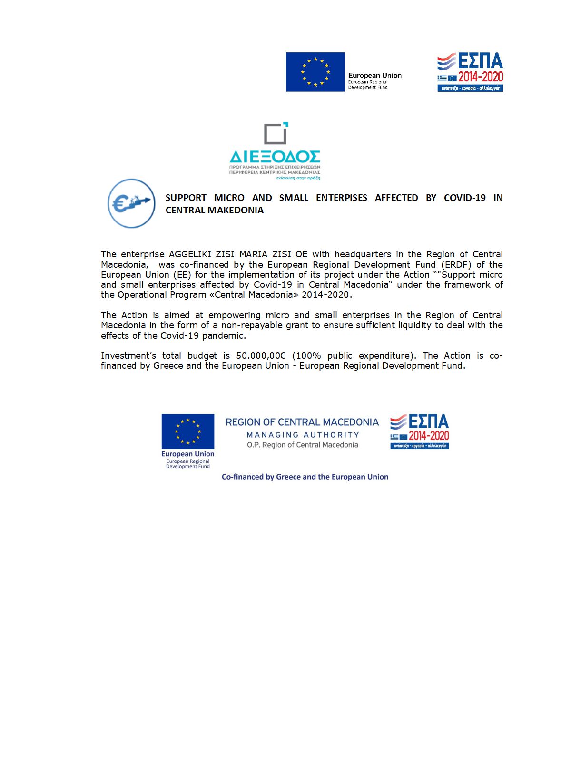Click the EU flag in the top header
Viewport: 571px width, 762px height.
[315, 72]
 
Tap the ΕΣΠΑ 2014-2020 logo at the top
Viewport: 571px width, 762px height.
[470, 72]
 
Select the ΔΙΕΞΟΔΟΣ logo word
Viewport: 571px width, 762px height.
[275, 156]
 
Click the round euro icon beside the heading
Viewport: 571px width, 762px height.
[131, 203]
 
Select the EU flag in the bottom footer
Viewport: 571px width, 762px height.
[187, 431]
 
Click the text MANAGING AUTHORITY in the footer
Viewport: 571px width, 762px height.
[303, 435]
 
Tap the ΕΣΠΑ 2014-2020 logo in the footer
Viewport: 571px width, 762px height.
[419, 431]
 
